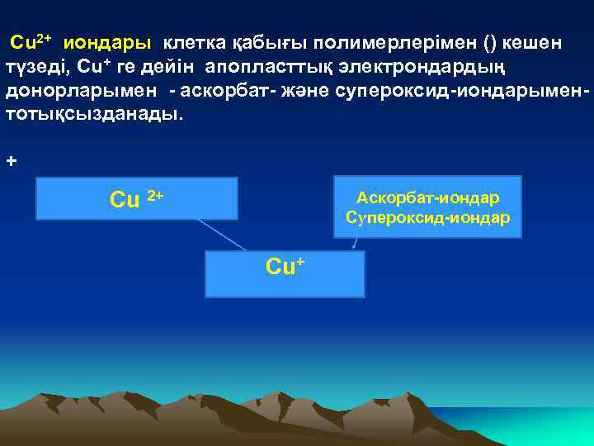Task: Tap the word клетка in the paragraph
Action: click(x=191, y=42)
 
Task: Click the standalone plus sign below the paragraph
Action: click(x=11, y=161)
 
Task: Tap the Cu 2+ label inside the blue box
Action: click(x=137, y=199)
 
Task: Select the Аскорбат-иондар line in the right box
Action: click(x=427, y=198)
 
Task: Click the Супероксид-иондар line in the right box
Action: click(x=427, y=218)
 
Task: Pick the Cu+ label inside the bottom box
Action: click(x=285, y=266)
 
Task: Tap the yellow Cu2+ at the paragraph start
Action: click(x=31, y=41)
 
